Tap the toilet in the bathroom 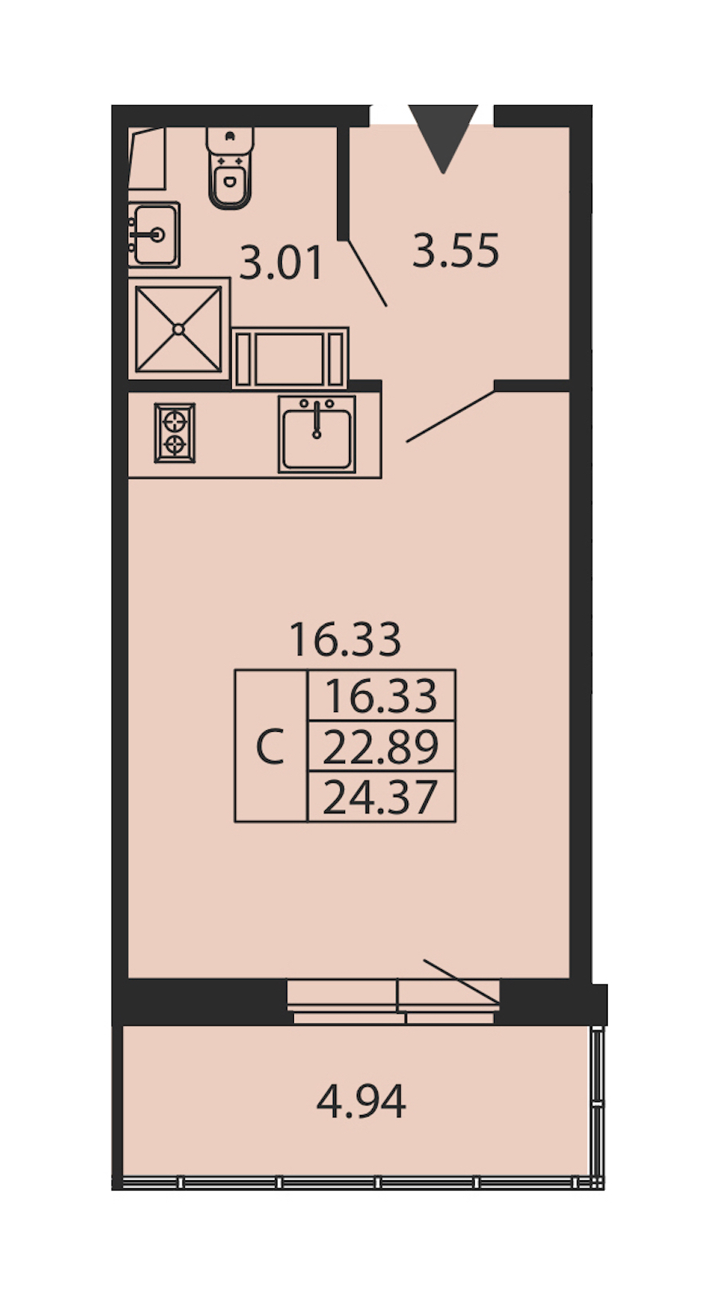click(x=230, y=168)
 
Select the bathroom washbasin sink click(x=154, y=235)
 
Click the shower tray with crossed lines click(x=178, y=329)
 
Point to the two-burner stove click(x=174, y=433)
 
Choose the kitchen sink click(x=317, y=434)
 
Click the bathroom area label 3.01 click(x=281, y=263)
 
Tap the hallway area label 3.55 click(x=456, y=251)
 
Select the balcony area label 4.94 click(x=361, y=1101)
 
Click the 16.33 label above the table click(x=346, y=639)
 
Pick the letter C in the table click(x=271, y=746)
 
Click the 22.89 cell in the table click(x=381, y=746)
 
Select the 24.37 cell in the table click(x=381, y=796)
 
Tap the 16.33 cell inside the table click(x=381, y=696)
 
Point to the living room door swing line click(x=451, y=416)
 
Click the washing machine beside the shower click(x=291, y=358)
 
